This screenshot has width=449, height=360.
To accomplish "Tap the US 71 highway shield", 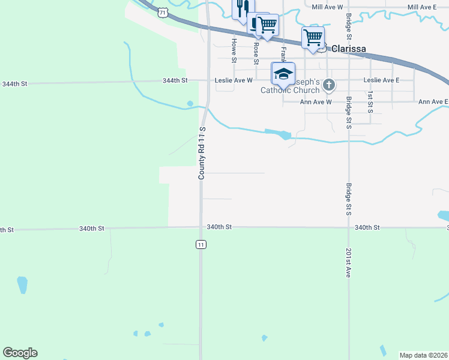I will point(163,12).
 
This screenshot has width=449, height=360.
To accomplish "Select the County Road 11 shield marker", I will point(200,244).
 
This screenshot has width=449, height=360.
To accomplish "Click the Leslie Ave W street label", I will point(234,80).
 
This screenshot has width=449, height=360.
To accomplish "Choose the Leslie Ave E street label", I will point(381,80).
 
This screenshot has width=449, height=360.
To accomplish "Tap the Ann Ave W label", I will point(316,102).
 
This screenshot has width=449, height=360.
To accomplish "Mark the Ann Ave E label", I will point(433,102).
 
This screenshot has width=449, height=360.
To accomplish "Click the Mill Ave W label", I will point(327,7).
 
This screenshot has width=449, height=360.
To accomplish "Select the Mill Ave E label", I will point(421,7).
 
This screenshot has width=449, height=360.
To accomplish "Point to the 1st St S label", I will point(370,103).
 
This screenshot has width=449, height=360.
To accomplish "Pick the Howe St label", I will point(234,50).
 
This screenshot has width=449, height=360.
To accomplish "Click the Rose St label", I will point(256,53).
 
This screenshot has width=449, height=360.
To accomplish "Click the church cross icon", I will point(329,85).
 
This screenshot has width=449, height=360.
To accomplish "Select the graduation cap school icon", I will point(283,74).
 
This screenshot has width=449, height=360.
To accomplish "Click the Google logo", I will point(20,353).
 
